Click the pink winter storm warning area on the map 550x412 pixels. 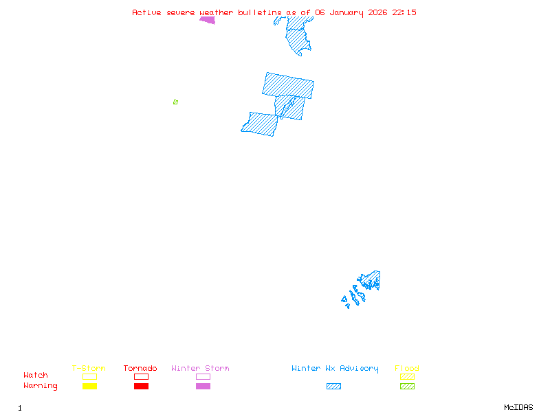point(208,20)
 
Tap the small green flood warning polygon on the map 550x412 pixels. point(175,102)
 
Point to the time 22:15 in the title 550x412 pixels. point(404,12)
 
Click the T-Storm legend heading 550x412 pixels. point(89,369)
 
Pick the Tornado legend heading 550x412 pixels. point(140,369)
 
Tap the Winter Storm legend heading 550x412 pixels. point(200,369)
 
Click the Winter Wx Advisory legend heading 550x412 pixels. point(335,369)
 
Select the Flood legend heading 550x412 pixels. point(407,369)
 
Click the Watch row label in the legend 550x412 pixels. point(36,376)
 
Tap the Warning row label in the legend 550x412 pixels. point(41,386)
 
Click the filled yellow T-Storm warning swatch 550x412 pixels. point(89,386)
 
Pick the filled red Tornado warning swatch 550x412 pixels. point(141,386)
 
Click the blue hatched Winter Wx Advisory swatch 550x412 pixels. point(333,386)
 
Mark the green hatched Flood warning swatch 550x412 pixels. point(407,386)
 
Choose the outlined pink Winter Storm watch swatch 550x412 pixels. point(203,376)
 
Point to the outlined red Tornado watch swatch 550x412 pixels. point(141,376)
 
